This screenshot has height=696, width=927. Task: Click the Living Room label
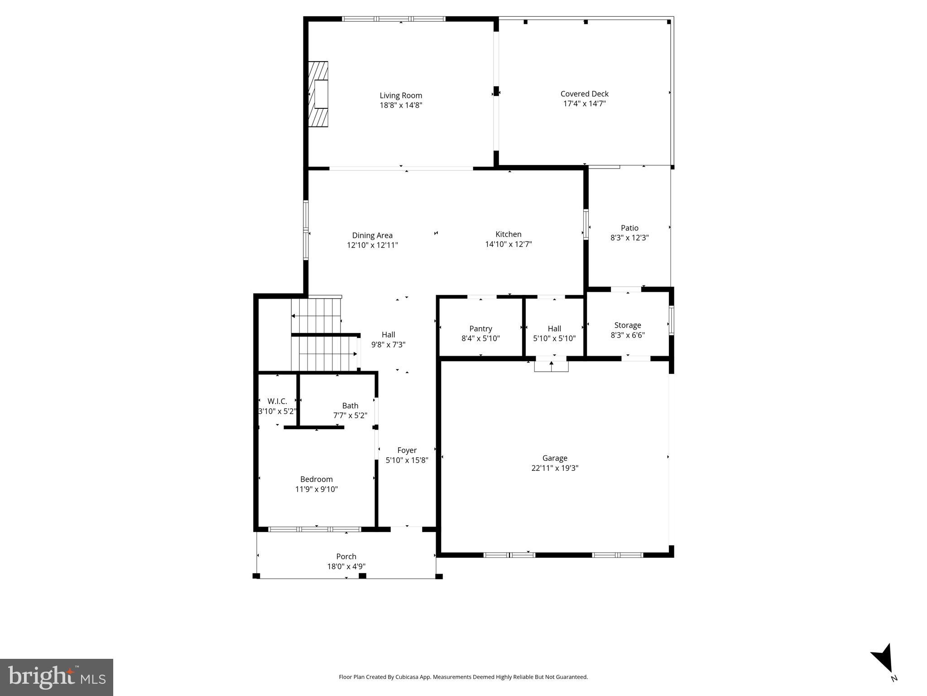(x=401, y=96)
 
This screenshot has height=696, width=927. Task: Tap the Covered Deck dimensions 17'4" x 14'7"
(x=584, y=104)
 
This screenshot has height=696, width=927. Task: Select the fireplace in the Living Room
(x=319, y=94)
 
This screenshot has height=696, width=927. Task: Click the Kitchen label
(x=508, y=234)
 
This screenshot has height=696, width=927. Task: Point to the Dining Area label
(x=372, y=236)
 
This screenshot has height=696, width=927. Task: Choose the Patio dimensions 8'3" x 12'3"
(x=629, y=238)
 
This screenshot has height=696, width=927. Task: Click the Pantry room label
(x=480, y=329)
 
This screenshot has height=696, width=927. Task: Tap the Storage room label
(x=628, y=325)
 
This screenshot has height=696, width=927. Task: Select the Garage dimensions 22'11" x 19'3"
(x=555, y=468)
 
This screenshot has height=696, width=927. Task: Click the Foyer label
(x=407, y=450)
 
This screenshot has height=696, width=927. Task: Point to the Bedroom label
(x=317, y=479)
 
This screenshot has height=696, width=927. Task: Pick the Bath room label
(x=350, y=406)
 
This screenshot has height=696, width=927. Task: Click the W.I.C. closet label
(x=277, y=401)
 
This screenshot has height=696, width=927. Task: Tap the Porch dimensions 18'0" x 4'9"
(x=346, y=566)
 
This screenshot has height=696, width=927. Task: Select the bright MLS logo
(x=57, y=677)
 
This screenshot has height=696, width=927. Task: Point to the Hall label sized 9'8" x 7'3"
(x=388, y=335)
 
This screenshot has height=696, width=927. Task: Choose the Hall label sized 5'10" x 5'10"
(x=554, y=329)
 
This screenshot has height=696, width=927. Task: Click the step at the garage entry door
(x=551, y=365)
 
